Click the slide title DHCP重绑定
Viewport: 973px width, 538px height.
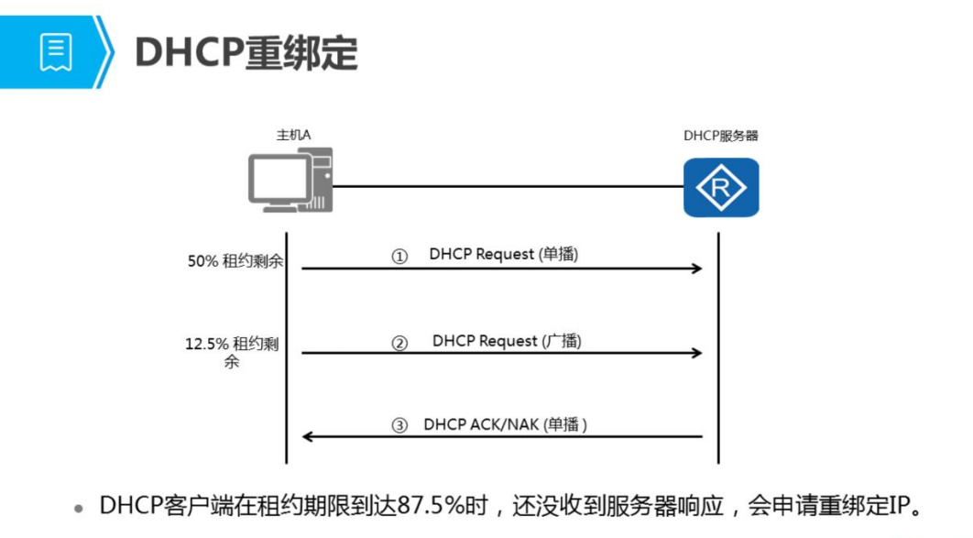tap(246, 53)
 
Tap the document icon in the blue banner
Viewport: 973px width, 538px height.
tap(55, 52)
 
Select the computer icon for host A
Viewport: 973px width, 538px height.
tap(290, 183)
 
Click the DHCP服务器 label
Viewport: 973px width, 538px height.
tap(721, 136)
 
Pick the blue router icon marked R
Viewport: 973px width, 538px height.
tap(721, 187)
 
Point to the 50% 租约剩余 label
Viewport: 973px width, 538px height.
tap(235, 261)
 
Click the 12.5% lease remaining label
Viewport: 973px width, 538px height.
tap(232, 353)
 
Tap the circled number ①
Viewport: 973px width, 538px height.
tap(399, 257)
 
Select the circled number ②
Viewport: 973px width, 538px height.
tap(399, 344)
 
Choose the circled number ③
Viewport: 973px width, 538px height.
tap(399, 426)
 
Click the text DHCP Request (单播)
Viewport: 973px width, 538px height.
tap(503, 255)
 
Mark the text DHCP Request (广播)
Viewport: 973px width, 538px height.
tap(507, 341)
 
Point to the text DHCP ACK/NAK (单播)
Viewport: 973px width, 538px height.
tap(505, 425)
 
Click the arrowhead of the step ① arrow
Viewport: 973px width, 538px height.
tap(697, 269)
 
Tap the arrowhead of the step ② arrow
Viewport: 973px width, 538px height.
tap(697, 354)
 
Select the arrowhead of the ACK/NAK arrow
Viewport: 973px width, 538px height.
tap(308, 437)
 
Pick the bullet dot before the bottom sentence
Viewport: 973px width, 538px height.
tap(80, 508)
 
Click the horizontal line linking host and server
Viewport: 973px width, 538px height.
tap(504, 186)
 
